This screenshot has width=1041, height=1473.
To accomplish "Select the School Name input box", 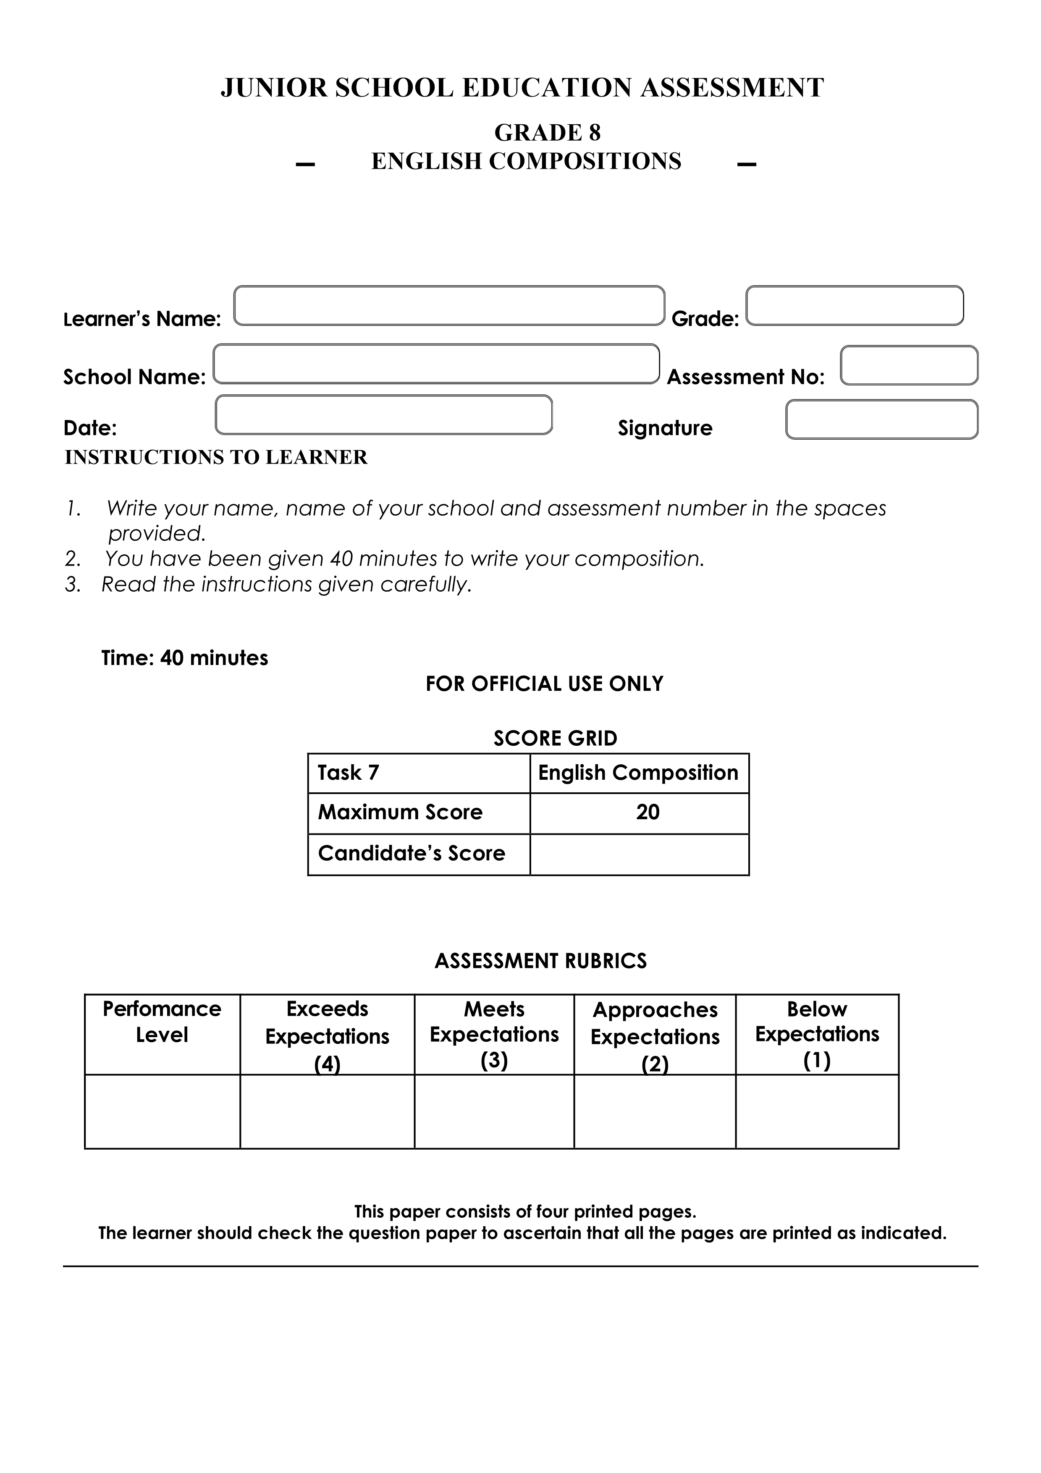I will pyautogui.click(x=436, y=364).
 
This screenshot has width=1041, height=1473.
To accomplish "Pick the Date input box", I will pyautogui.click(x=383, y=415).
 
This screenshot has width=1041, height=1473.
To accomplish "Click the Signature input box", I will pyautogui.click(x=881, y=419).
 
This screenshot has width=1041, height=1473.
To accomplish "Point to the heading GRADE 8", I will pyautogui.click(x=547, y=133).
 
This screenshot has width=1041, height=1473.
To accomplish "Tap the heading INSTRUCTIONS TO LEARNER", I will pyautogui.click(x=216, y=457).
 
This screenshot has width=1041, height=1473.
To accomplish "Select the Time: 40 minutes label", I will pyautogui.click(x=185, y=658).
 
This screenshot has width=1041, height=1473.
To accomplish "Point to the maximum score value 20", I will pyautogui.click(x=648, y=813).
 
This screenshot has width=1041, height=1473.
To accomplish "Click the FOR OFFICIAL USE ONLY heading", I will pyautogui.click(x=544, y=684).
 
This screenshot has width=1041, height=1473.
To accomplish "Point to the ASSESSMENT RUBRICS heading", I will pyautogui.click(x=541, y=961).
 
